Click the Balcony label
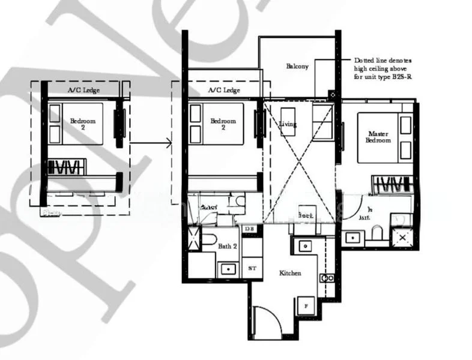[297, 67]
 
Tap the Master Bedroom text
[378, 136]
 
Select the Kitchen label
[290, 273]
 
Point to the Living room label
[288, 124]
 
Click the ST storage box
[252, 268]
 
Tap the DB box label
[249, 229]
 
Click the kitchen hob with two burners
[327, 278]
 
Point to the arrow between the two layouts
[150, 143]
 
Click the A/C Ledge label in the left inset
[83, 91]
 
